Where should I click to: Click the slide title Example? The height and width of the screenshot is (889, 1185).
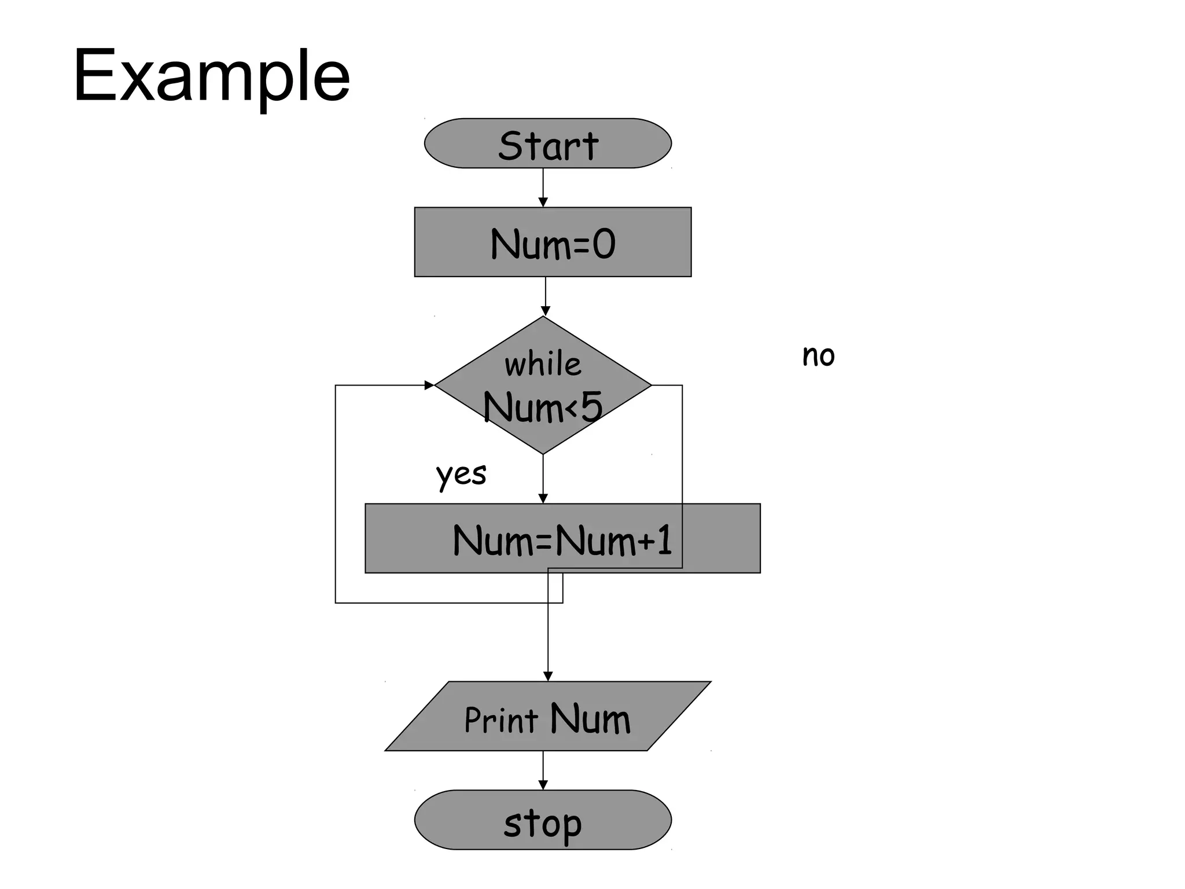click(x=212, y=76)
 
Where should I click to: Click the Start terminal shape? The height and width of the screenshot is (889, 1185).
click(x=547, y=144)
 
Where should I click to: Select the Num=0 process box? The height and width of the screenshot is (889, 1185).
click(x=553, y=242)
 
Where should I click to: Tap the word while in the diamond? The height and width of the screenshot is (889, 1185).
click(x=543, y=365)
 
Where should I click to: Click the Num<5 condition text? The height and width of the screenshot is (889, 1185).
click(x=543, y=407)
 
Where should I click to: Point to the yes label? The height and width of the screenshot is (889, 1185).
click(x=461, y=475)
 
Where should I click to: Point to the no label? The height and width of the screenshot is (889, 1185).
click(x=818, y=355)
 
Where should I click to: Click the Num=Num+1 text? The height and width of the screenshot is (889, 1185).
click(x=562, y=540)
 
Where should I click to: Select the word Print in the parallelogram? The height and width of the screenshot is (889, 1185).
click(x=501, y=720)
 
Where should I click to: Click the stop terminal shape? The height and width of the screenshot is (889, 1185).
click(x=543, y=820)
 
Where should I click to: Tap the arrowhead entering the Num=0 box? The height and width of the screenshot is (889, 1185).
click(x=543, y=202)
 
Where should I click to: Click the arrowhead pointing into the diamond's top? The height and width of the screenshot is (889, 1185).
click(x=545, y=311)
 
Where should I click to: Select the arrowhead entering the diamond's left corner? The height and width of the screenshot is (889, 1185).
click(x=429, y=385)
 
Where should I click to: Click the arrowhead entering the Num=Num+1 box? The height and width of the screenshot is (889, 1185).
click(x=543, y=498)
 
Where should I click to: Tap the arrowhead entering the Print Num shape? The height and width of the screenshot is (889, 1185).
click(x=548, y=676)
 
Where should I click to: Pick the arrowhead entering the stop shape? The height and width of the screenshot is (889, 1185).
click(x=543, y=785)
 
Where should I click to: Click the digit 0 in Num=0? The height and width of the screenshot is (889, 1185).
click(x=604, y=244)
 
